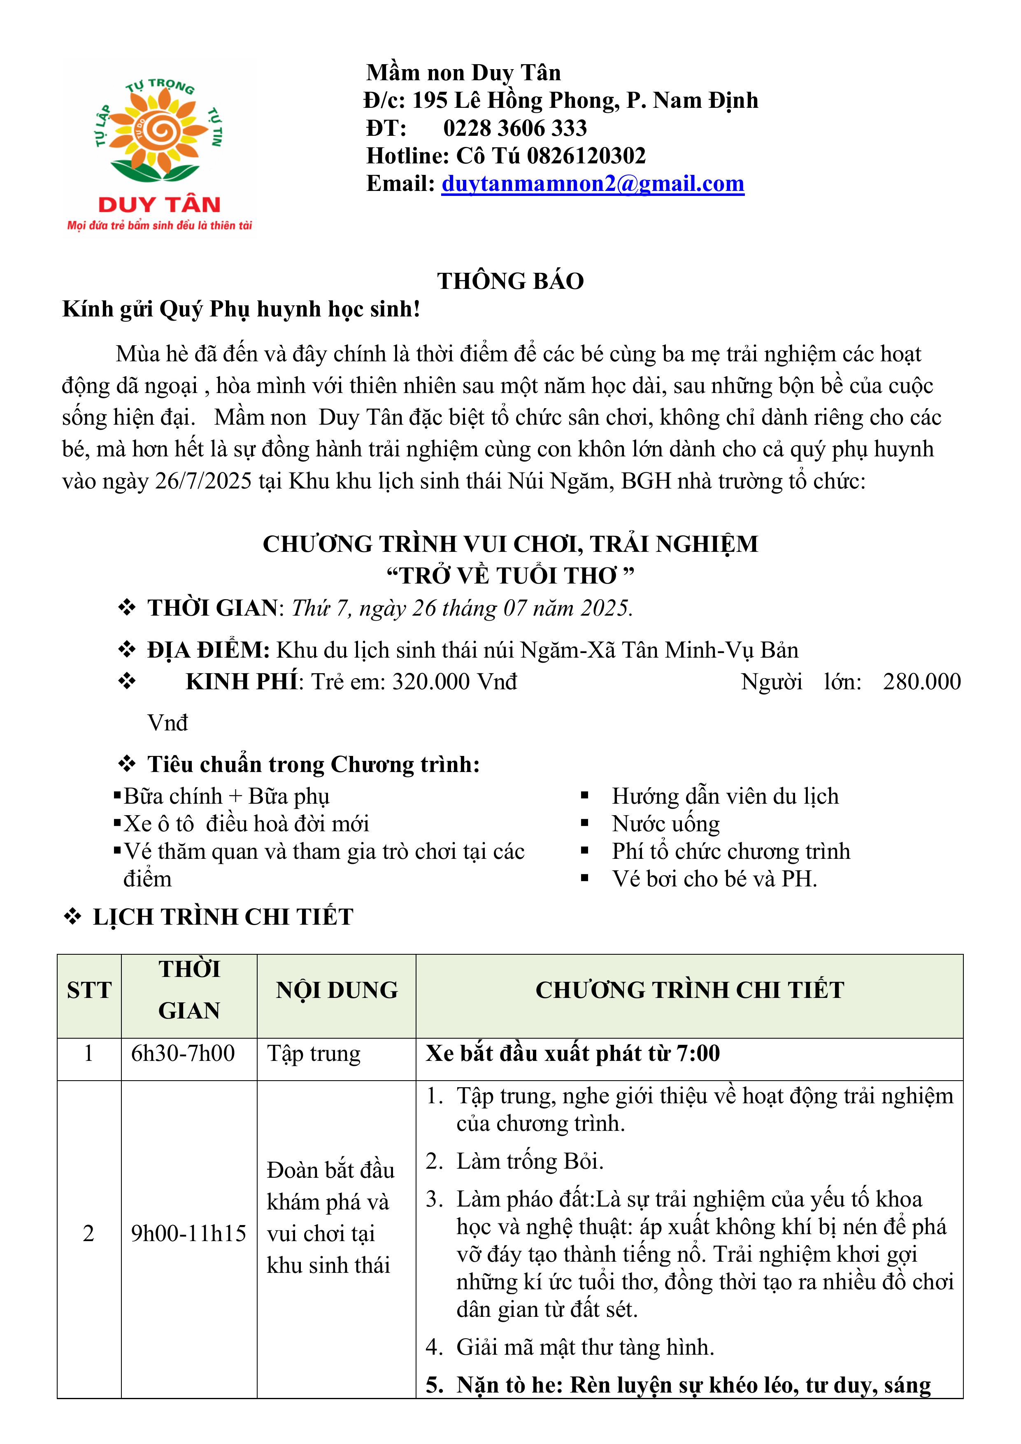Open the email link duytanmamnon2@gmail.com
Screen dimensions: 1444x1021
coord(593,184)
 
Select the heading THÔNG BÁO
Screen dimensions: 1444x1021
coord(510,281)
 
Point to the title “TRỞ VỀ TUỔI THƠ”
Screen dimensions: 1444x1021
coord(510,575)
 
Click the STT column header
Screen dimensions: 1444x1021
coord(89,991)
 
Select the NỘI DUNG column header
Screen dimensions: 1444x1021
coord(337,991)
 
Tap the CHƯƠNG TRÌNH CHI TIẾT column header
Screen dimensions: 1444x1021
coord(689,991)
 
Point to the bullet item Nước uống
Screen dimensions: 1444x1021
coord(665,824)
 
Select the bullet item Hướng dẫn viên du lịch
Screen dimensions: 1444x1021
coord(725,796)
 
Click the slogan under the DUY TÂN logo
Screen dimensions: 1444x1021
coord(160,225)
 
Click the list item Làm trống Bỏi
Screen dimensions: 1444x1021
coord(530,1161)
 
